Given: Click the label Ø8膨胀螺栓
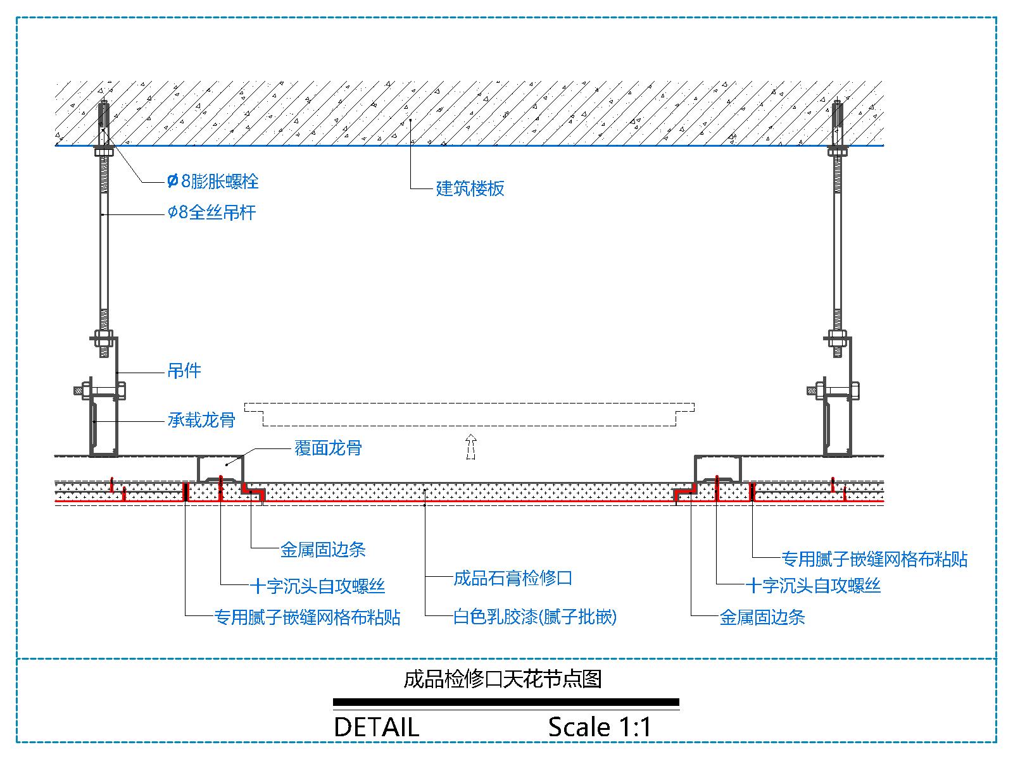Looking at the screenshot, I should click(213, 182).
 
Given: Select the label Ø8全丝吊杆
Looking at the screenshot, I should click(211, 213).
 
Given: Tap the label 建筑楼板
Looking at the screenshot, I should click(470, 188).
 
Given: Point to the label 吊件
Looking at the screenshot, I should click(184, 371).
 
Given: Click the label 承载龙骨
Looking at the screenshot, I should click(201, 419).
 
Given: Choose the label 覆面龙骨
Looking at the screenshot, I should click(328, 448).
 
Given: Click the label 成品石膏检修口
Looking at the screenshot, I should click(513, 577).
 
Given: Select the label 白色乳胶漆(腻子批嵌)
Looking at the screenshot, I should click(535, 616).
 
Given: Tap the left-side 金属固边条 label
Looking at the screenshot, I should click(323, 549).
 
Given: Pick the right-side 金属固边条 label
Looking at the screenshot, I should click(762, 617).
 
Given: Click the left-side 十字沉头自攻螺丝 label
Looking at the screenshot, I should click(318, 586).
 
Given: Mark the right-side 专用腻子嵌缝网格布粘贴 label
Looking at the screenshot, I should click(874, 558).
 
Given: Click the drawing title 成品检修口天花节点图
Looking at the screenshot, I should click(503, 679).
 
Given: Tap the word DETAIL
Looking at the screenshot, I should click(376, 727).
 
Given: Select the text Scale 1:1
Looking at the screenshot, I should click(600, 727).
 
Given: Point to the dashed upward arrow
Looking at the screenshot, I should click(470, 446).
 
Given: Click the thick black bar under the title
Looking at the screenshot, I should click(506, 702).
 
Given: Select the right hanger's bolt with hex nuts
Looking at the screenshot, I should click(837, 390).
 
